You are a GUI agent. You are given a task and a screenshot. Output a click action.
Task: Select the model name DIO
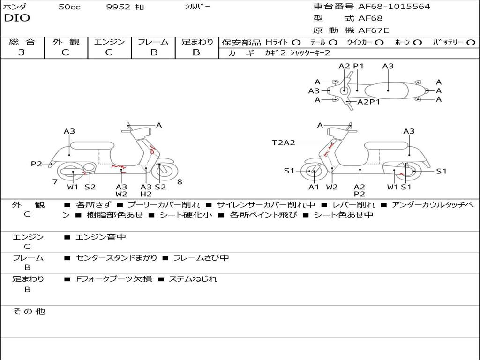coord(17,18)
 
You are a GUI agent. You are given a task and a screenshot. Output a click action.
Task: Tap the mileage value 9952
coord(118,7)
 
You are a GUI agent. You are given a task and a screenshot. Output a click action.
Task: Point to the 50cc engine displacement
coord(69,7)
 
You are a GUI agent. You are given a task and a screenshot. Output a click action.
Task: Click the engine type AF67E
coord(374,30)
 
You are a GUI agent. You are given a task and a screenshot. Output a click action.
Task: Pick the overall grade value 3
coord(22,52)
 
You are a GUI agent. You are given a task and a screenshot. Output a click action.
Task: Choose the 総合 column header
coord(22,42)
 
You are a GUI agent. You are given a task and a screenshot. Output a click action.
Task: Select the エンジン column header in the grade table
coord(109,42)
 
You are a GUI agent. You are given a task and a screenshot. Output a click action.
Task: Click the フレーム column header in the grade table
coord(153,42)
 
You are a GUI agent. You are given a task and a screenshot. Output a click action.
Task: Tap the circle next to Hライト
coord(296,42)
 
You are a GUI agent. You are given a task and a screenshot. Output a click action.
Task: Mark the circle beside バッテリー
coord(471,42)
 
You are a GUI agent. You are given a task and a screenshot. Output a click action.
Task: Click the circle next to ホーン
coord(417,42)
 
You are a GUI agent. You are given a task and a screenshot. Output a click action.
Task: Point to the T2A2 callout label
coord(284,142)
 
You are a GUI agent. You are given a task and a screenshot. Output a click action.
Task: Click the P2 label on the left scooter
coord(37,164)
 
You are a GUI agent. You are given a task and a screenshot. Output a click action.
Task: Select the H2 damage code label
coord(146,194)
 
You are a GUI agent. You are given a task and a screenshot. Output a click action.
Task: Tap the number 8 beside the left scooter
coord(180,182)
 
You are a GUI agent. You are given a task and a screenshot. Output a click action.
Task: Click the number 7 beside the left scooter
coord(55,182)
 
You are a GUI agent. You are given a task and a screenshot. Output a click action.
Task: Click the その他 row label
coord(29,311)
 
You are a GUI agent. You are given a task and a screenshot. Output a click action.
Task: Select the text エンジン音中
coord(101,237)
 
